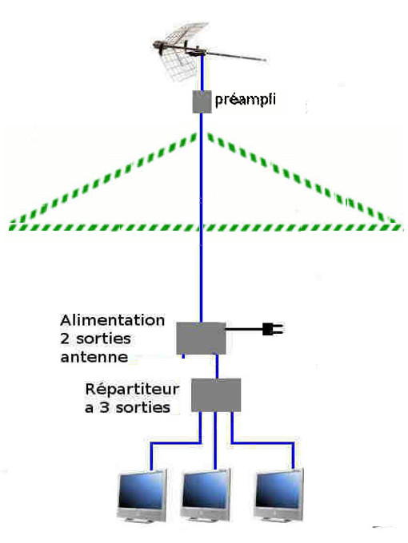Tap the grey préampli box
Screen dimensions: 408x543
click(x=202, y=101)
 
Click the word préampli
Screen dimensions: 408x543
click(x=246, y=100)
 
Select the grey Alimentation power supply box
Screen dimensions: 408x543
click(x=202, y=339)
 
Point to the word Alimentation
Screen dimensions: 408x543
click(x=113, y=320)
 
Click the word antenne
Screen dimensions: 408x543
click(x=94, y=357)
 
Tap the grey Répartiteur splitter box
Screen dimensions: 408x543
click(x=216, y=395)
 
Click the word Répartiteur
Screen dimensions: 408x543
click(x=132, y=390)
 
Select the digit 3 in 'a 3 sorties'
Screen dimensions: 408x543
click(x=104, y=407)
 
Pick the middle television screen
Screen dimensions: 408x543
click(x=206, y=489)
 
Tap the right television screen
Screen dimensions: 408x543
click(x=278, y=488)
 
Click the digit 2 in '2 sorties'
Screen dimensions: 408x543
click(x=65, y=339)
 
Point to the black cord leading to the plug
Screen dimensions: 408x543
click(x=244, y=329)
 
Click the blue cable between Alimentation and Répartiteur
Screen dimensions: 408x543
click(x=217, y=367)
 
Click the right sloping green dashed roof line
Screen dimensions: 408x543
click(x=302, y=177)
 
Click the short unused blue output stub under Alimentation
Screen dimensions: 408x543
click(x=183, y=356)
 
